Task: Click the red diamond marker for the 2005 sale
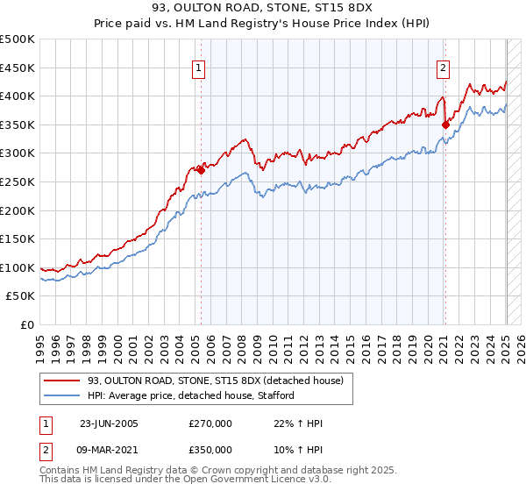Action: coord(202,170)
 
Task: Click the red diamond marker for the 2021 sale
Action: coord(445,125)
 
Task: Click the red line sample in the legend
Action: coord(62,380)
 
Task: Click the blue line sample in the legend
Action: coord(62,395)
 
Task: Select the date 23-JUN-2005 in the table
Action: coord(109,423)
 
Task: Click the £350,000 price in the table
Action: coord(210,449)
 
